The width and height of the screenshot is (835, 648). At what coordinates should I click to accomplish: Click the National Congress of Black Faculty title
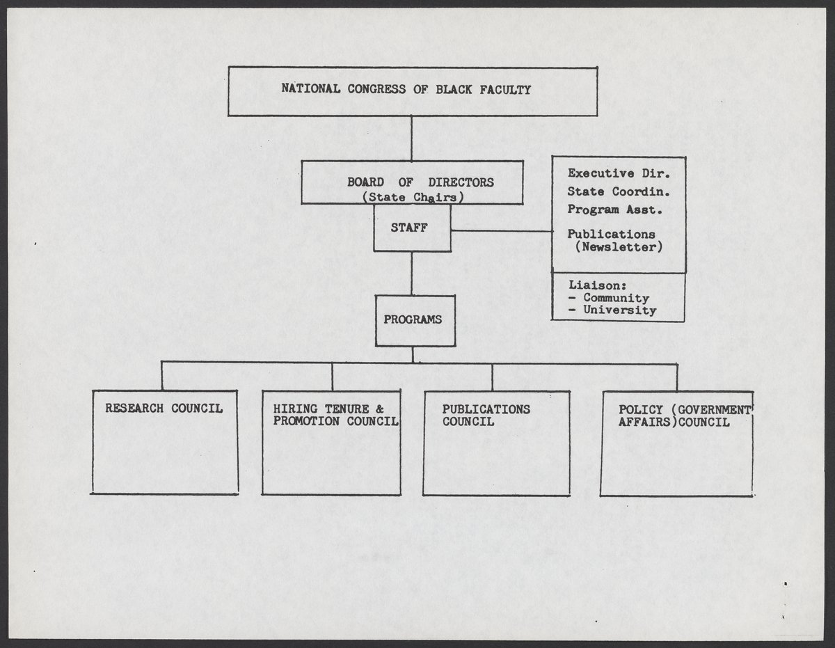tap(406, 89)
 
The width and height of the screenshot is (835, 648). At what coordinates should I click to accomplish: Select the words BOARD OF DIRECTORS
tap(420, 182)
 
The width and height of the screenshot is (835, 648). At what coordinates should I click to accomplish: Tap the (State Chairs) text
tap(413, 197)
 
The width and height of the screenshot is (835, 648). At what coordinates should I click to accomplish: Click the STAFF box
tap(412, 228)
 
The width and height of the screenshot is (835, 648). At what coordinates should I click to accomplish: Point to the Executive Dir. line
tap(618, 173)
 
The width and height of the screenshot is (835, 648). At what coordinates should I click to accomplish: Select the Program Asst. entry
tap(614, 210)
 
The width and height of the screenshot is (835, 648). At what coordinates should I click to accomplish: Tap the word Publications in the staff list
tap(611, 235)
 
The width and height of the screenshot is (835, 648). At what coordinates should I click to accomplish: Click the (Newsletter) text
tap(619, 247)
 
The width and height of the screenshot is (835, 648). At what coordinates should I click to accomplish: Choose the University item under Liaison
tap(619, 310)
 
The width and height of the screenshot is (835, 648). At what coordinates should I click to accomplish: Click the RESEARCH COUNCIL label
tap(164, 409)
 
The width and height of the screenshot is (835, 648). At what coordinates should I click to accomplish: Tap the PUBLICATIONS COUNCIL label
tap(486, 416)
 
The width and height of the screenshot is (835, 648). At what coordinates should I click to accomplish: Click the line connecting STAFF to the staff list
tap(501, 231)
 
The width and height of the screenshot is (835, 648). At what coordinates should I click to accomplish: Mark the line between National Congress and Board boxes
tap(412, 138)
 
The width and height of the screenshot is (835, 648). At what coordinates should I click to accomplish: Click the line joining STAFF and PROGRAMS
tap(412, 273)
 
